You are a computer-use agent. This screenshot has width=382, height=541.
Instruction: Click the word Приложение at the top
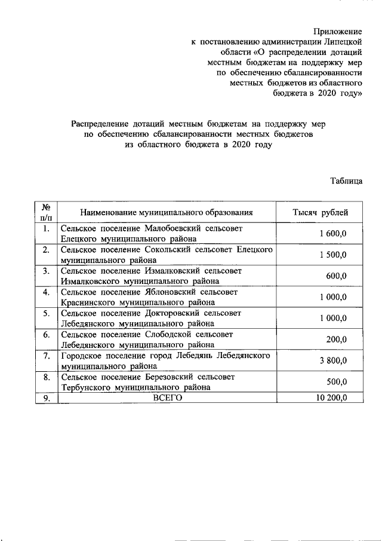(338, 30)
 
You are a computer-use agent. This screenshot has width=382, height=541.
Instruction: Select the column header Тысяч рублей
(320, 212)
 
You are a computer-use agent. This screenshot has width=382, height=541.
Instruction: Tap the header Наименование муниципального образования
(167, 212)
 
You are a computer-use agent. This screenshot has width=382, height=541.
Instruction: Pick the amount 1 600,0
(333, 234)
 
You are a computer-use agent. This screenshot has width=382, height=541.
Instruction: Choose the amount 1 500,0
(333, 255)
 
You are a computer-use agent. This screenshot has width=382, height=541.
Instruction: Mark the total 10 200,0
(331, 398)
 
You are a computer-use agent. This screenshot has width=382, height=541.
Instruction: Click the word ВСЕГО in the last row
(167, 398)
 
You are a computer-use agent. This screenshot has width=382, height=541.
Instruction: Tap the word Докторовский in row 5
(173, 313)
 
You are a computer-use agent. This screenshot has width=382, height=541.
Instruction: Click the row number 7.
(46, 356)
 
